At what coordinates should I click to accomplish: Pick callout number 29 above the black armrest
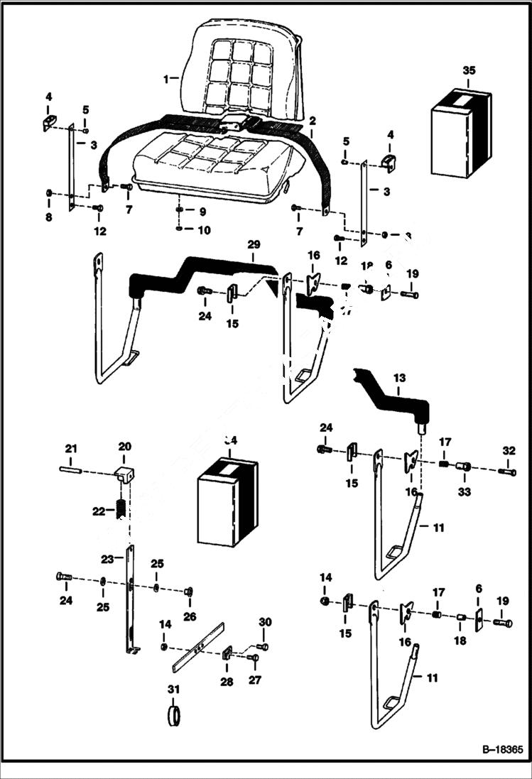point(254,244)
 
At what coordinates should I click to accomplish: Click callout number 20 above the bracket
point(124,447)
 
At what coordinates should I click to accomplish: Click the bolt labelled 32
point(507,472)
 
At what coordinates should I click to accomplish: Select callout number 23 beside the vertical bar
point(106,558)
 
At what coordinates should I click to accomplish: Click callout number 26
point(189,617)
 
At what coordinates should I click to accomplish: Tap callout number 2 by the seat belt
point(312,121)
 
